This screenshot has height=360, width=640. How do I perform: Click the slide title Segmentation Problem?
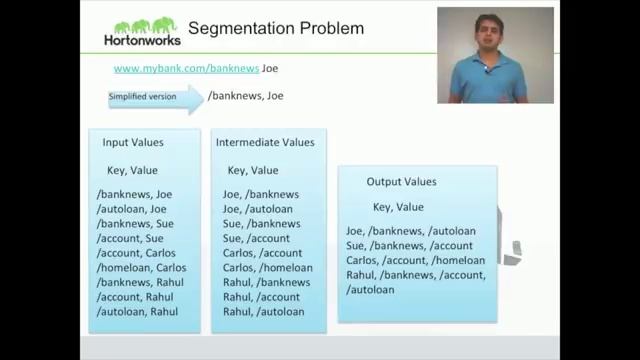coord(276,27)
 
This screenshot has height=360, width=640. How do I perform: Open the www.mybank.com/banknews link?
coord(186,69)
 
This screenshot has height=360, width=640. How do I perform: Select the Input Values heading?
coord(133,142)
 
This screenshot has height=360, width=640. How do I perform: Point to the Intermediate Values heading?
coord(265,142)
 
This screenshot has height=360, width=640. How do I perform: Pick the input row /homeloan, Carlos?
coord(142,267)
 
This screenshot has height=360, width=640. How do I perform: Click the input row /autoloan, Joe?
coord(132,209)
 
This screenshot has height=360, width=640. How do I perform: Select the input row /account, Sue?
coord(130,238)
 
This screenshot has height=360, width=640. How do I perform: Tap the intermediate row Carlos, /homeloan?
coord(267,267)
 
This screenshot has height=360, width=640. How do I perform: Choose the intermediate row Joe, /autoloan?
coord(258,209)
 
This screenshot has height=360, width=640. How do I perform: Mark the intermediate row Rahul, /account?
coord(262,296)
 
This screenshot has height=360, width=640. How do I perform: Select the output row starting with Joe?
coord(410,231)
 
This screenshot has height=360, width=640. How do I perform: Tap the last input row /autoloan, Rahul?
coord(137,311)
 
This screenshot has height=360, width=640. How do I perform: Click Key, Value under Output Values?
coord(398,207)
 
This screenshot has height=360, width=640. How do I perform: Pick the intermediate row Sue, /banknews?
coord(261,224)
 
